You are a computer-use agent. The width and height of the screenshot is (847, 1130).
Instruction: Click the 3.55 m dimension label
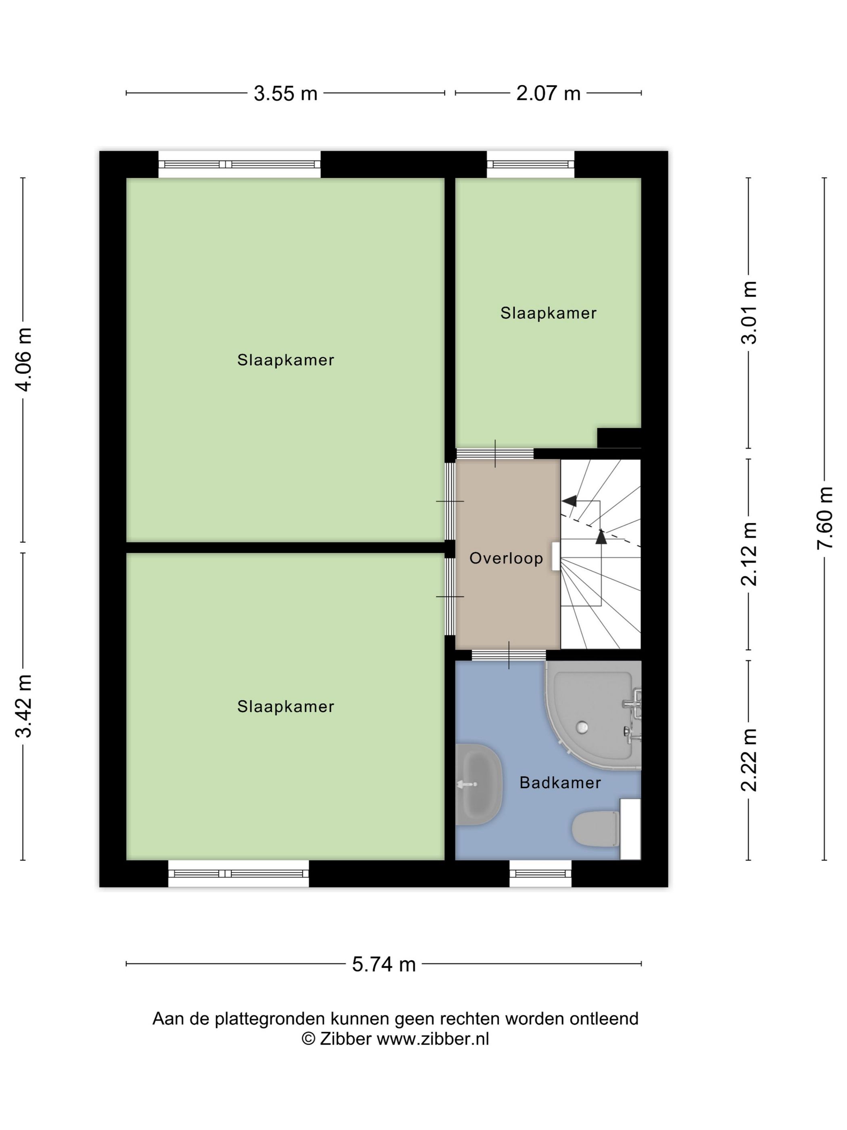click(286, 94)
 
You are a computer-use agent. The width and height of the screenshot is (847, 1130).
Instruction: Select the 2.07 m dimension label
click(548, 94)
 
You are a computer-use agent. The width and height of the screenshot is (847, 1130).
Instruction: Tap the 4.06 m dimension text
click(24, 360)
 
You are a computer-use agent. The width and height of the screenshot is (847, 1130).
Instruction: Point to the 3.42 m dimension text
click(24, 706)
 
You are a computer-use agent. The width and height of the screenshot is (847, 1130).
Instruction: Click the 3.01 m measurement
click(749, 313)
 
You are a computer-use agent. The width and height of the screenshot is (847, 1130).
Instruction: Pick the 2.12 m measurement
click(749, 554)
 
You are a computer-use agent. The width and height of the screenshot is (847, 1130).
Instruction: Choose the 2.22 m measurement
click(749, 760)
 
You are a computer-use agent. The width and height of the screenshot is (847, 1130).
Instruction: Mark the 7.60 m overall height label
click(824, 518)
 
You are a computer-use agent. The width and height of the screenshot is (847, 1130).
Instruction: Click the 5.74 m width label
click(384, 965)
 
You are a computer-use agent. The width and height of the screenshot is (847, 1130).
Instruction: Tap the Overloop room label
click(506, 559)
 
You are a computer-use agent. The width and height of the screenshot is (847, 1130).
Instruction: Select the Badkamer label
click(560, 783)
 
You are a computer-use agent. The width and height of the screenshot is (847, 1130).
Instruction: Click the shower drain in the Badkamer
click(582, 726)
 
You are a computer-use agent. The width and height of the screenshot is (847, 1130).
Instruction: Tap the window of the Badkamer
click(540, 874)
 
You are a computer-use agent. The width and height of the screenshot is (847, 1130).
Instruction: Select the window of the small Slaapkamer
click(530, 165)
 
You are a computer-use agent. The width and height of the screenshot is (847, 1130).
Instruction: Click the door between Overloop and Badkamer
click(509, 655)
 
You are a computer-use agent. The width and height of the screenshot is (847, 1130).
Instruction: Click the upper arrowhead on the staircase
click(569, 501)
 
